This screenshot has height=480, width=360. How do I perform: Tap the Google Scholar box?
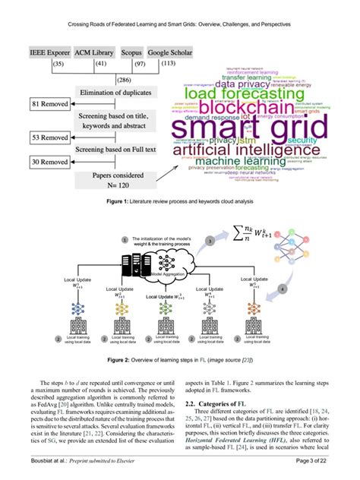click(x=169, y=53)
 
